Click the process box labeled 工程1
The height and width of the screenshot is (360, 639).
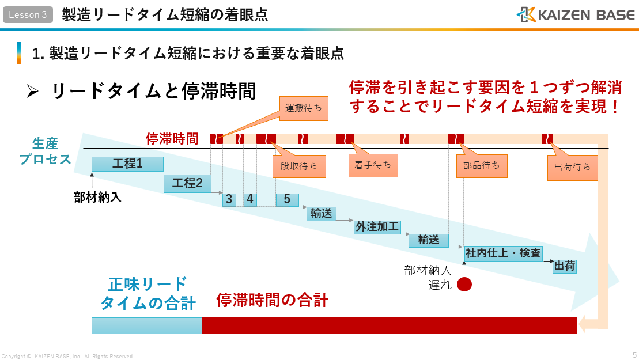pos(127,164)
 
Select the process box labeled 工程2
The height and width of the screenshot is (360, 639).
pos(187,184)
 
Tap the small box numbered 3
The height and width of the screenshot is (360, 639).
pos(229,199)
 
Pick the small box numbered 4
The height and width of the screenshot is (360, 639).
pos(249,199)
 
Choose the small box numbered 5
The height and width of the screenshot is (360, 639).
pos(287,199)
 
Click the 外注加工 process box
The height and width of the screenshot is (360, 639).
pos(377,226)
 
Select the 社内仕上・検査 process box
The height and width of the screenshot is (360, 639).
pos(503,253)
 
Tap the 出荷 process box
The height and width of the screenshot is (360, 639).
pos(565,267)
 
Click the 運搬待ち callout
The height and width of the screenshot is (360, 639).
pos(304,108)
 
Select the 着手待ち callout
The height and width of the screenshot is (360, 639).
pos(373,165)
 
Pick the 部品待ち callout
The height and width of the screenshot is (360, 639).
pos(482,166)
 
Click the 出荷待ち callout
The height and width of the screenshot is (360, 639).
pos(572,168)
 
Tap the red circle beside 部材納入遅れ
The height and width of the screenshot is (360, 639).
pos(464,284)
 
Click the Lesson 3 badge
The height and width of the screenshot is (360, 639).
pos(28,15)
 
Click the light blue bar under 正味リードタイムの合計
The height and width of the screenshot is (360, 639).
pos(147,325)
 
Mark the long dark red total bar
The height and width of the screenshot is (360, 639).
pos(390,325)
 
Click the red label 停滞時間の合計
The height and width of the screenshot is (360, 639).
pos(273,300)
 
